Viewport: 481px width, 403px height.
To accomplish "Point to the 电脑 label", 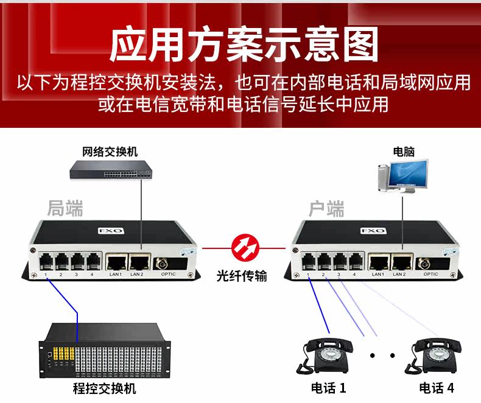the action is click(404, 152).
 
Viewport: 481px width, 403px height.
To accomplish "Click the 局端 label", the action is click(65, 208).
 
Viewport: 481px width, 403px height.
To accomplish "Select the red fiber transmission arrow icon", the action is click(245, 248).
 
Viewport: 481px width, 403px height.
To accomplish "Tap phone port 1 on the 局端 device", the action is click(46, 262).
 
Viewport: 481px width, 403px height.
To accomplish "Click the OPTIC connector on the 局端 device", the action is click(163, 264).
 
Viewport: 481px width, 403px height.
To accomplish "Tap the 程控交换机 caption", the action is click(105, 388).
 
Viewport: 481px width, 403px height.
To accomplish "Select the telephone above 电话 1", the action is click(326, 355).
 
